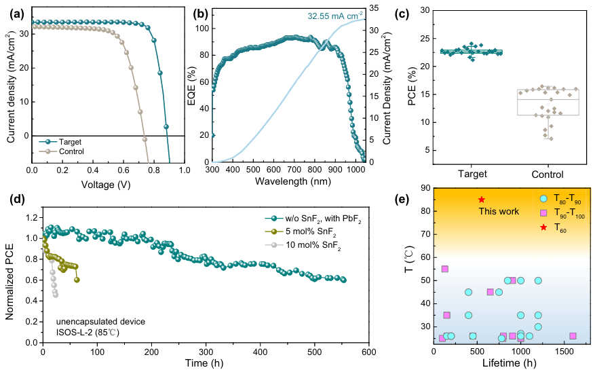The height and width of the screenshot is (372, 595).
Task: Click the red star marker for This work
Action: point(481,200)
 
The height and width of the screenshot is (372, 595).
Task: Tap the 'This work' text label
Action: point(498,212)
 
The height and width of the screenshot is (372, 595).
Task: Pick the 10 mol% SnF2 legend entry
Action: point(312,246)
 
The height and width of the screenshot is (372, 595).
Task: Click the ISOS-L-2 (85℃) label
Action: point(88,333)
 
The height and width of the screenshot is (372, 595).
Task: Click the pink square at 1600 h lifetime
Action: point(573,336)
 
